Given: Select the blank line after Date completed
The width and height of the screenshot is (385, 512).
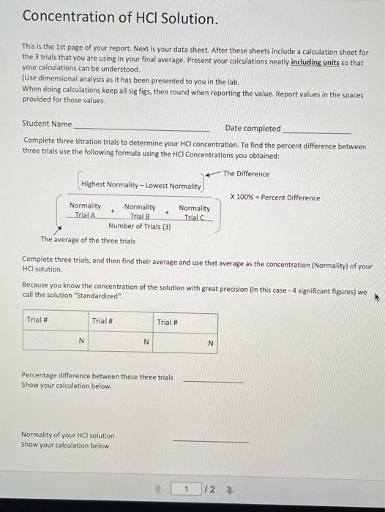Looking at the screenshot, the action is [316, 132].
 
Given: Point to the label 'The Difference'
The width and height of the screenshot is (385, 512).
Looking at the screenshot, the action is [246, 174].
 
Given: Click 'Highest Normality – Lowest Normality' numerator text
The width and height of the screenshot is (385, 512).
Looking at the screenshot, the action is [141, 185].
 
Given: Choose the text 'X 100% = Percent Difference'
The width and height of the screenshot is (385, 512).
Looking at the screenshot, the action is [275, 197].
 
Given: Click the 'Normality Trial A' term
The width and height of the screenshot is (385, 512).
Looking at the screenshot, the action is [85, 211].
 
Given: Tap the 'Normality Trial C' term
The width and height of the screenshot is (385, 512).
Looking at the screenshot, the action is [194, 212].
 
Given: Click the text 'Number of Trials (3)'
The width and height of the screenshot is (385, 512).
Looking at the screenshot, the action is [140, 226].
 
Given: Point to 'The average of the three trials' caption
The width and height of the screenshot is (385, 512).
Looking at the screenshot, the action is [88, 240].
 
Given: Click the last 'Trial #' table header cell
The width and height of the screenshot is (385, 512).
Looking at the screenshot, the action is [168, 322].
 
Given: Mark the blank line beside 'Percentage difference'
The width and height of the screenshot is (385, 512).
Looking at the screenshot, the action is [213, 380].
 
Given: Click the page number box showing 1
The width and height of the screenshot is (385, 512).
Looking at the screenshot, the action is [187, 489].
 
